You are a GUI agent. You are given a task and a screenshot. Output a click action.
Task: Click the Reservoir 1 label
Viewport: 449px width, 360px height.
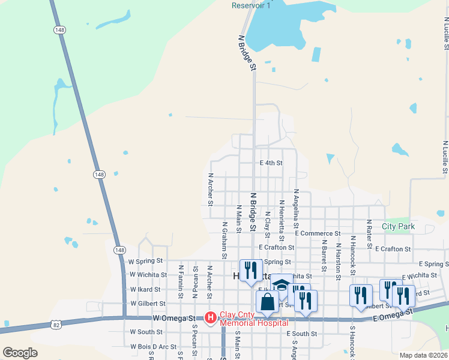coord(251,5)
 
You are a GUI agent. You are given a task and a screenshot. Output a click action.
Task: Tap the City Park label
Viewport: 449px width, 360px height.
coord(398,227)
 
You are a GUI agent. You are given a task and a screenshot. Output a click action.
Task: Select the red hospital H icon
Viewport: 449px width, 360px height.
coord(211,317)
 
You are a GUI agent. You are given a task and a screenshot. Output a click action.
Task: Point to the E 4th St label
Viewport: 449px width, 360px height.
coord(271,163)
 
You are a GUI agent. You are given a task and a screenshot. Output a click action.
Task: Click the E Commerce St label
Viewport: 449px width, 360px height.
coord(318,233)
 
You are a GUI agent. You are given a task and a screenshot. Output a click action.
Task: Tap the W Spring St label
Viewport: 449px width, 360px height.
coord(146,262)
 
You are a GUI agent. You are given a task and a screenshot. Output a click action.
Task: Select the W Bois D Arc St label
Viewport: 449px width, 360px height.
coord(153,346)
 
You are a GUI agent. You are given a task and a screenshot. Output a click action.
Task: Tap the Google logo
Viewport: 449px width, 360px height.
coord(20,352)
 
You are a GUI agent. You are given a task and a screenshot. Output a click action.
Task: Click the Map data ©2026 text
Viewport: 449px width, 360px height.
coord(423,355)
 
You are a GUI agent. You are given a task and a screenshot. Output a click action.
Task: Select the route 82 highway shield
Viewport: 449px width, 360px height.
coord(56,325)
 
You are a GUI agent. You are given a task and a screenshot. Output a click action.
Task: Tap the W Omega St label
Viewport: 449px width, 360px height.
coord(174,317)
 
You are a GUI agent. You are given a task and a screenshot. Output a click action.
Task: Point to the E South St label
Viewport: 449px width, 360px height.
coord(301,334)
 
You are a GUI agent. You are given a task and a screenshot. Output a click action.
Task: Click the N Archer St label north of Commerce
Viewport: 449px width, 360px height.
coord(211,190)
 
